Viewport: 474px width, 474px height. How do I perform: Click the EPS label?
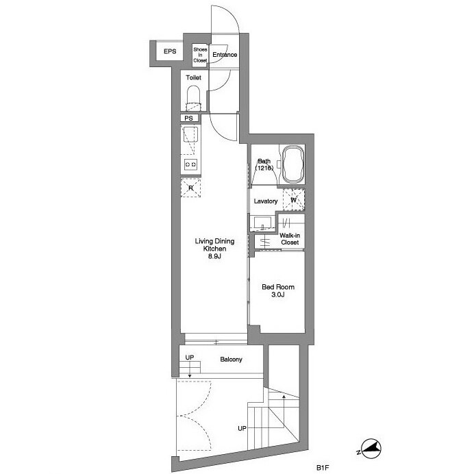coord(170,51)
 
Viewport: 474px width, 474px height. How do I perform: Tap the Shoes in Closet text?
coord(200,55)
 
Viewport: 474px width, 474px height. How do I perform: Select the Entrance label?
coord(225,55)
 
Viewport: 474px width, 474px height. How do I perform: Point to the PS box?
coord(190,118)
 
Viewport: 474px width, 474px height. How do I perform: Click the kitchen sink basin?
coord(190,135)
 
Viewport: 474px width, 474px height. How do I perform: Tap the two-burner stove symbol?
coord(190,164)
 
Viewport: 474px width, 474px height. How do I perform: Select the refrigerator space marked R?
coord(190,188)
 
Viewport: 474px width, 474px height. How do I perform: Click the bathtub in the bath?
coord(292,164)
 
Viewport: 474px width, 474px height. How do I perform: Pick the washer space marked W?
coord(294,200)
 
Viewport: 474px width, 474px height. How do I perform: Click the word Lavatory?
coord(265,201)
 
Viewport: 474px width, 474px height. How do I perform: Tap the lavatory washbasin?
coord(263,224)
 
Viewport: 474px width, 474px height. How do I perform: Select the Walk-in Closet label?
coord(290,239)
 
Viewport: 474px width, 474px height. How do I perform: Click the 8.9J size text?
coord(214,257)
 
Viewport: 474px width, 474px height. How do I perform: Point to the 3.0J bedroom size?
coord(278,295)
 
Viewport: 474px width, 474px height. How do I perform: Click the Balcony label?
coord(231,360)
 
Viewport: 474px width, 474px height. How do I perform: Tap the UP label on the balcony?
coord(190,358)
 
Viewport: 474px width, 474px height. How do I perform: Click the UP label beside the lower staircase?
coord(242,428)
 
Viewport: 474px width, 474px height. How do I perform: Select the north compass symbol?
coord(371,449)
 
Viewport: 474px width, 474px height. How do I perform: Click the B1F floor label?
coord(322,468)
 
